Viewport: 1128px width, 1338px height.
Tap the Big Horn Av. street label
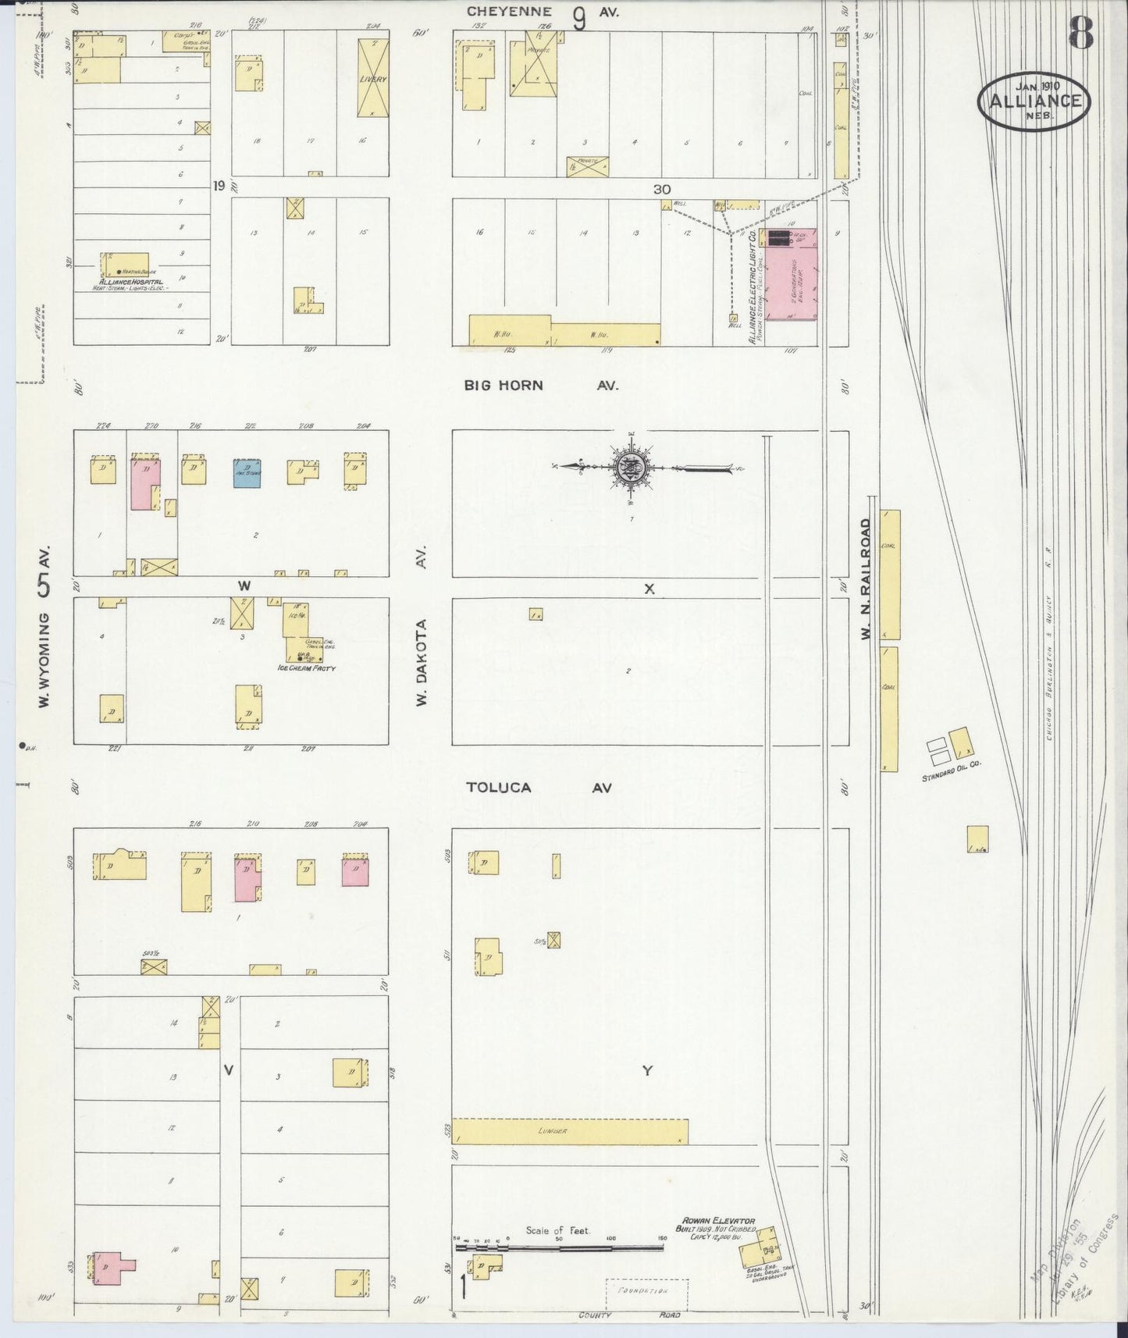click(x=541, y=385)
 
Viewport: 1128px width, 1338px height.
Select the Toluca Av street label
click(x=539, y=788)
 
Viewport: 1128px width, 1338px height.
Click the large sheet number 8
click(x=1080, y=32)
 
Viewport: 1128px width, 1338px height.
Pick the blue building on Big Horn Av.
click(x=247, y=473)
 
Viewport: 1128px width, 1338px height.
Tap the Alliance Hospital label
click(x=131, y=281)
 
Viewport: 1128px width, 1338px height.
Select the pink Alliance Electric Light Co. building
click(x=791, y=274)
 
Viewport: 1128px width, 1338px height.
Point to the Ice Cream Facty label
click(x=306, y=669)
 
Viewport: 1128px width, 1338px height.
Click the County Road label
click(x=628, y=1315)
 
